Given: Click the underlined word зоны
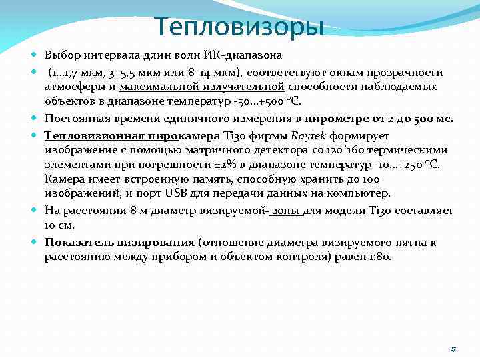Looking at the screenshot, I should [x=286, y=211].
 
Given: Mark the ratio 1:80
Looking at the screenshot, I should [x=379, y=256].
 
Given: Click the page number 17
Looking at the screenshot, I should [x=453, y=348].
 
